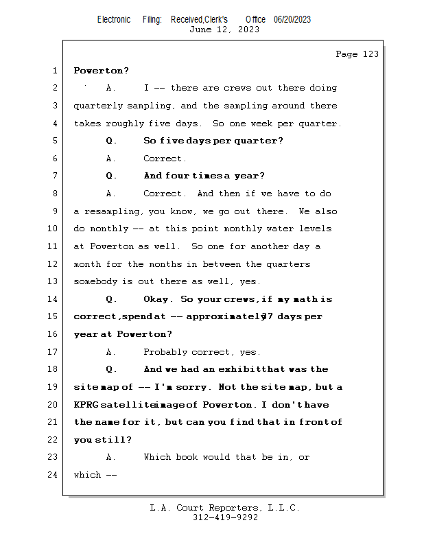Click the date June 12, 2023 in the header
pos(224,29)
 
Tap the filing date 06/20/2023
pos(292,19)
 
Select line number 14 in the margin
pos(54,299)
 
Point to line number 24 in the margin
pos(54,475)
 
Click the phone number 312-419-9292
pos(225,517)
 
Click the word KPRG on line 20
pos(88,405)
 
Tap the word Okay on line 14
pos(157,299)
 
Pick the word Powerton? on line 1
pos(102,71)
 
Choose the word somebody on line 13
pos(96,281)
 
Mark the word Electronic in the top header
pos(114,19)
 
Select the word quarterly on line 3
pos(99,106)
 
